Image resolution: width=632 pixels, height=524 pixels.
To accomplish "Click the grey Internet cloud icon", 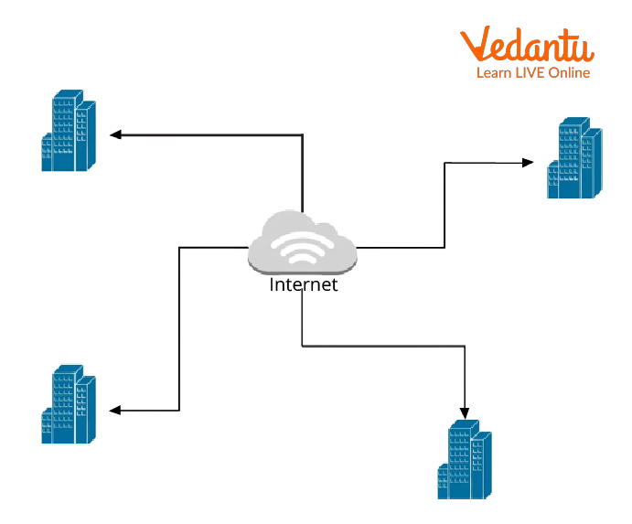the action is click(x=303, y=241).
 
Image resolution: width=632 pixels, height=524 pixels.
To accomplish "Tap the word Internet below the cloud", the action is click(x=304, y=284).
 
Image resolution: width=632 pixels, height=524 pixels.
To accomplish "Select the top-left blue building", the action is click(x=69, y=130).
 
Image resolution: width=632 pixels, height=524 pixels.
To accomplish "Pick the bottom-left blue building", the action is click(x=69, y=404).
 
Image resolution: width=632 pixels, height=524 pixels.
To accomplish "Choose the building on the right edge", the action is click(x=574, y=157).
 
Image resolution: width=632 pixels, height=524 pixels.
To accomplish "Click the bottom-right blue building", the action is click(x=465, y=459).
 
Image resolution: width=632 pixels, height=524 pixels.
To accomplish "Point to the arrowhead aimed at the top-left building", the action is click(x=115, y=134).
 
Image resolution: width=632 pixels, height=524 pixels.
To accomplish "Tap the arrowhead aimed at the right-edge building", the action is click(x=528, y=163).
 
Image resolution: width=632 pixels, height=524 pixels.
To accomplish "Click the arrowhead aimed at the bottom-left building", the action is click(x=115, y=411).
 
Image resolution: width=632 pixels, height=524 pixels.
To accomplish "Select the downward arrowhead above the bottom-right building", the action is click(x=465, y=413).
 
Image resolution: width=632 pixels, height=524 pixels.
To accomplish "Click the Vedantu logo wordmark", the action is click(x=527, y=44).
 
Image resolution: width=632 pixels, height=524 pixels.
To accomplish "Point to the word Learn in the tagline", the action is click(x=492, y=73).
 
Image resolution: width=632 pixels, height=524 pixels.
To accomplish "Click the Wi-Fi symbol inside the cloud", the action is click(x=303, y=248).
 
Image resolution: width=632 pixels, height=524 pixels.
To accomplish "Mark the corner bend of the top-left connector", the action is click(x=303, y=134).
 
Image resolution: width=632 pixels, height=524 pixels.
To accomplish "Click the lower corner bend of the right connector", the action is click(x=445, y=247).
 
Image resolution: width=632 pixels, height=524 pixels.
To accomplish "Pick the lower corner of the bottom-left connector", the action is click(x=179, y=411).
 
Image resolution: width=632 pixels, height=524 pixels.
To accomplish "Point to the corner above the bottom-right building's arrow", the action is click(x=465, y=346).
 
